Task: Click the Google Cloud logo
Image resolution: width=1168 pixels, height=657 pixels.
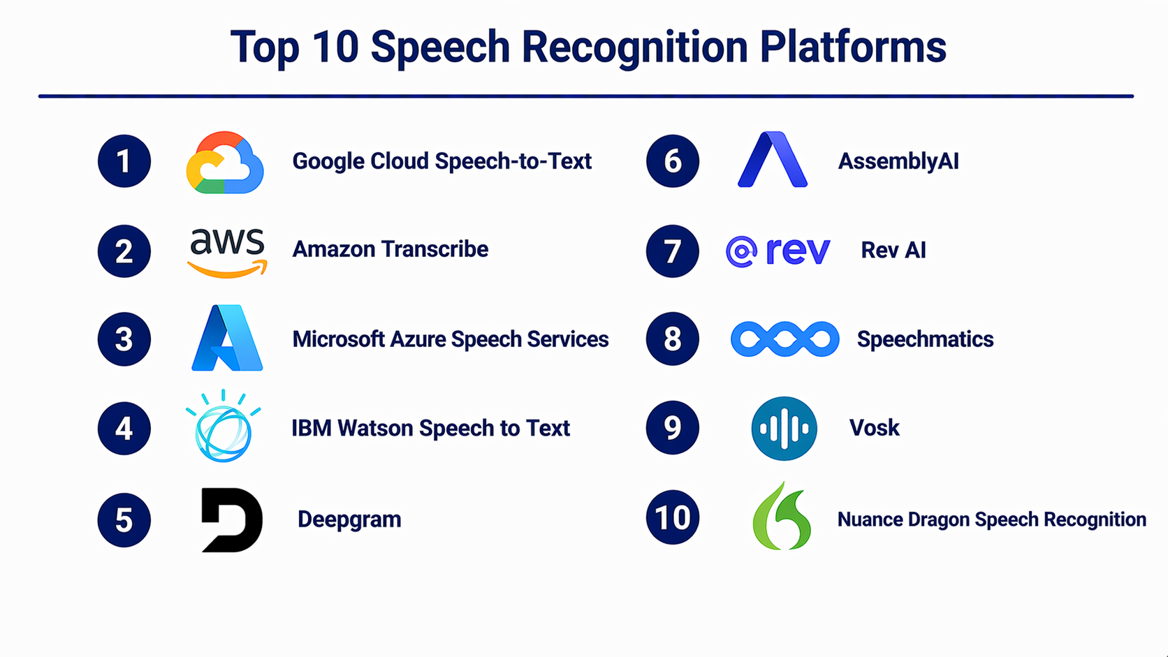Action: pos(225,162)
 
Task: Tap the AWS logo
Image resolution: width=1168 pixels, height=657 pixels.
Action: pos(227,251)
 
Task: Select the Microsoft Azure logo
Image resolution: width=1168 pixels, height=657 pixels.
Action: pos(227,338)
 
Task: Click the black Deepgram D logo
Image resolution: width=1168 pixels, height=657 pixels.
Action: pos(231,519)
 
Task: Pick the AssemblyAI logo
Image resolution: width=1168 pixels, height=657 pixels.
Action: pos(773,161)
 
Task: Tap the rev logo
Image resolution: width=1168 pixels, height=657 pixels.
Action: pos(778,251)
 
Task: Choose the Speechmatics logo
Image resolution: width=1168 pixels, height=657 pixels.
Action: pos(784,339)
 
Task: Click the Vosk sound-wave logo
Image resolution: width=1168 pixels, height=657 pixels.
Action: pos(784,428)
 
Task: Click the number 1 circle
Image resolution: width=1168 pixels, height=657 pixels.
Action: pos(124,161)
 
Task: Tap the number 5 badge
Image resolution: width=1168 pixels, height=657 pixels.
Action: pos(124,520)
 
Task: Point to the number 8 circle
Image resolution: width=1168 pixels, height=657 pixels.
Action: pos(673,339)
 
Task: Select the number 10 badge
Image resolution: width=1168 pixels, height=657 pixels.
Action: pos(673,518)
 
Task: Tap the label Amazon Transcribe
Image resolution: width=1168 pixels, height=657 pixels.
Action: pos(390,249)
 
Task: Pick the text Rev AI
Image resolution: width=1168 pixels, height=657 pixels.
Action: pos(893,250)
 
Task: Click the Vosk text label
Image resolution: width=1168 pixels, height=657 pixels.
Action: pos(874,427)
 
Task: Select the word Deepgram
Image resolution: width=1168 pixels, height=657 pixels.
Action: pos(349,519)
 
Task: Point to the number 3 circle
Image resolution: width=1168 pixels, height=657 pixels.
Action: pos(124,339)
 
